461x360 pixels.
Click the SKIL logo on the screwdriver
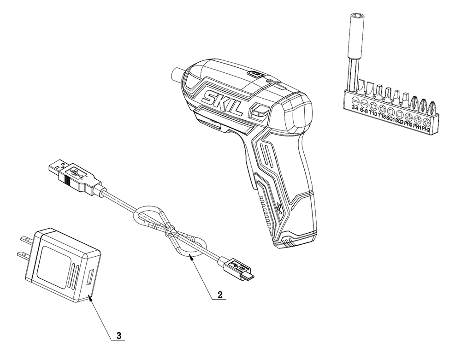[x=222, y=102]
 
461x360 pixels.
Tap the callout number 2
[x=220, y=295]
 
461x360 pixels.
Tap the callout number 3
[x=119, y=336]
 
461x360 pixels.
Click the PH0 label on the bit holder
[x=408, y=124]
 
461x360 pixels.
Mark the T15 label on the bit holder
[x=382, y=116]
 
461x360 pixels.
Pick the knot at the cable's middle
[x=171, y=230]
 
